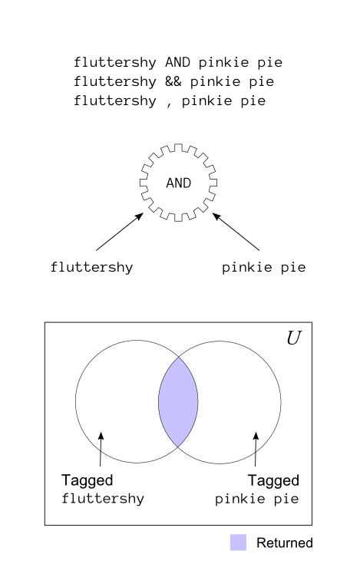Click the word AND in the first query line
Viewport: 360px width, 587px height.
[x=177, y=62]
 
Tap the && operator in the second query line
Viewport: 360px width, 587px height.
[x=173, y=81]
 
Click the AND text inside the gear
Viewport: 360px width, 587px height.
[x=178, y=183]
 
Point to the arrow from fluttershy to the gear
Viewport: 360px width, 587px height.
[x=120, y=232]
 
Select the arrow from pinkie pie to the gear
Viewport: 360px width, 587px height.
[x=236, y=232]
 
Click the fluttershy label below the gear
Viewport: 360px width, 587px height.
[x=92, y=267]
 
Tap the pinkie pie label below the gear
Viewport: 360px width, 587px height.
[x=264, y=267]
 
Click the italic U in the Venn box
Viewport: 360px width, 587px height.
[x=294, y=338]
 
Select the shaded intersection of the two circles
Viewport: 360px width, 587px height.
[x=178, y=401]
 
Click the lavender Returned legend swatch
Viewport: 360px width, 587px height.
[x=238, y=542]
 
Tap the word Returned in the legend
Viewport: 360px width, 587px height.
[x=285, y=542]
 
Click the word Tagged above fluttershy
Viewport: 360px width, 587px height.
[x=88, y=480]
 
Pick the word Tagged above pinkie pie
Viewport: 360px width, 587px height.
[x=273, y=480]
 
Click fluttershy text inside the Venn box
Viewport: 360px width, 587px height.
[x=103, y=499]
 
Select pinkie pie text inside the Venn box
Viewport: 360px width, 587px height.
[x=257, y=499]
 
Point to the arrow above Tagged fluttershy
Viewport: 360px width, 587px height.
[x=101, y=449]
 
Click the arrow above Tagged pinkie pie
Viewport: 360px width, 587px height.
[x=256, y=449]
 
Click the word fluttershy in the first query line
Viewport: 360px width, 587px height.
[x=115, y=62]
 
